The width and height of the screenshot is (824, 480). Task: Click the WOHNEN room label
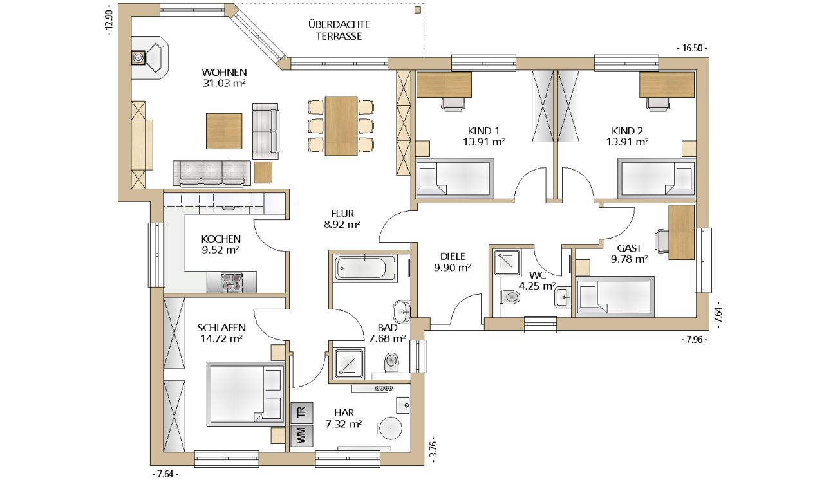pyautogui.click(x=224, y=72)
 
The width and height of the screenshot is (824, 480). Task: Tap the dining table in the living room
pyautogui.click(x=341, y=126)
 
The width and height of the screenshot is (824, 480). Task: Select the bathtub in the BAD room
pyautogui.click(x=365, y=268)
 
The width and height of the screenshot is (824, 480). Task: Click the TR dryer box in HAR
pyautogui.click(x=302, y=412)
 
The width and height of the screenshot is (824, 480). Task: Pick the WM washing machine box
pyautogui.click(x=302, y=436)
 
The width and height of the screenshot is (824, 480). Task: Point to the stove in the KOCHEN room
pyautogui.click(x=231, y=282)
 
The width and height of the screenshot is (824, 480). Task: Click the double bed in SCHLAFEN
pyautogui.click(x=246, y=394)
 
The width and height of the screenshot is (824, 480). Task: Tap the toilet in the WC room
pyautogui.click(x=509, y=297)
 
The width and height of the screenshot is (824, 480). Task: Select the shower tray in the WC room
pyautogui.click(x=507, y=263)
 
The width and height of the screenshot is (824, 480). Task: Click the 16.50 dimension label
pyautogui.click(x=692, y=48)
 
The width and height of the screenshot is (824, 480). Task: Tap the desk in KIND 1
pyautogui.click(x=444, y=84)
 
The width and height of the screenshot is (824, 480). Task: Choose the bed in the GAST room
pyautogui.click(x=615, y=297)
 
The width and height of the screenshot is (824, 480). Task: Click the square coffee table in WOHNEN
pyautogui.click(x=224, y=131)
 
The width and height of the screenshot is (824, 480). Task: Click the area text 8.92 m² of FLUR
pyautogui.click(x=342, y=224)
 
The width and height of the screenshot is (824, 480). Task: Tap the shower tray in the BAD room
pyautogui.click(x=349, y=363)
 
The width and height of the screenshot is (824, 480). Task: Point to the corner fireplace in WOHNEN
pyautogui.click(x=150, y=57)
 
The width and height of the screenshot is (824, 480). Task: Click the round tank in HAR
pyautogui.click(x=391, y=428)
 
